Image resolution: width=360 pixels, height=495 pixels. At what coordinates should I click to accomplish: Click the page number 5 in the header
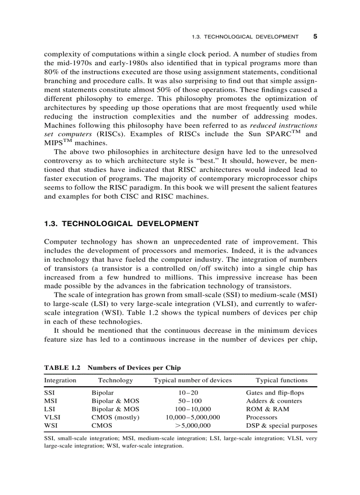tap(315, 37)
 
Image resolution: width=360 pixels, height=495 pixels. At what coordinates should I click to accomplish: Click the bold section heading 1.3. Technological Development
tap(121, 223)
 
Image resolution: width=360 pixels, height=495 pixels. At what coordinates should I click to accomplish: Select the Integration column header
tap(60, 380)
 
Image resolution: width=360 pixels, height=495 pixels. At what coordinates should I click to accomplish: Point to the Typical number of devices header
tap(192, 380)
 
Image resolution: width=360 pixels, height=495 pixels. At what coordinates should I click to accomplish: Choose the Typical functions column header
tap(281, 380)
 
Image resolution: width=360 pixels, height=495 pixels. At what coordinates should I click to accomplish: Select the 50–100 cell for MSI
tap(190, 401)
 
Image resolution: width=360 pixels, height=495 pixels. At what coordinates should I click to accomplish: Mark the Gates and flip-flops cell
tap(275, 393)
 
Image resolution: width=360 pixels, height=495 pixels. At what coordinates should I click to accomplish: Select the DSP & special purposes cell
tap(281, 426)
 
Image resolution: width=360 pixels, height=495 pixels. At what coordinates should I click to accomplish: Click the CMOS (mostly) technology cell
tap(115, 417)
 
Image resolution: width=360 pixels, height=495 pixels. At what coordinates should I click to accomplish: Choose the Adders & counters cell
tap(274, 401)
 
